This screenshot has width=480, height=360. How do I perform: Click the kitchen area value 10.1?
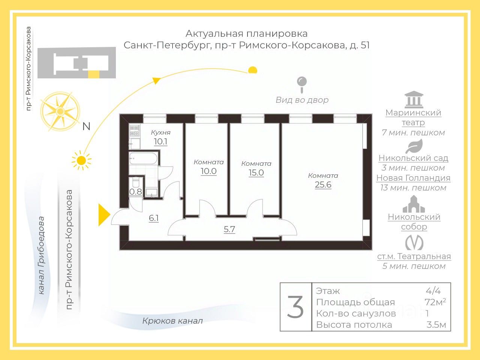[x=160, y=142]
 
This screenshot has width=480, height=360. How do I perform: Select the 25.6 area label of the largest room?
[x=323, y=185]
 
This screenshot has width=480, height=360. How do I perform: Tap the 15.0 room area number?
[x=256, y=173]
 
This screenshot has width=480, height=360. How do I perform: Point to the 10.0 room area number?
[x=208, y=171]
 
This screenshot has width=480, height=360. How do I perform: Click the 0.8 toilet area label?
[x=136, y=192]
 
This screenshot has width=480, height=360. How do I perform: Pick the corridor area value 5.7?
[x=229, y=229]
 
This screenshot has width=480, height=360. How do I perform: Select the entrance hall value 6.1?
[x=154, y=218]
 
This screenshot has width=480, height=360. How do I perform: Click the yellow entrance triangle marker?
[x=103, y=215]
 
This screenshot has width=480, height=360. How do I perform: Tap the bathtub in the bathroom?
[x=143, y=159]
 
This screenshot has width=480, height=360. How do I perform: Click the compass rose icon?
[x=60, y=111]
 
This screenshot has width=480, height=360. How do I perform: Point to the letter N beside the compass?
[x=86, y=127]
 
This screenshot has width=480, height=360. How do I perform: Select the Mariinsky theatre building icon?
[x=414, y=100]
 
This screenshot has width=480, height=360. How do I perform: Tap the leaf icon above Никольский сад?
[x=414, y=146]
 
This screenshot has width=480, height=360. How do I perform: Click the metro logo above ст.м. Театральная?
[x=414, y=243]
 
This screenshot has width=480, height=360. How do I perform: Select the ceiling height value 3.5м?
[x=436, y=325]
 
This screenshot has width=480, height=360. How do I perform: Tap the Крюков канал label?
[x=172, y=321]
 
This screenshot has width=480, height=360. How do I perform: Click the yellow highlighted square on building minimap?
[x=94, y=74]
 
